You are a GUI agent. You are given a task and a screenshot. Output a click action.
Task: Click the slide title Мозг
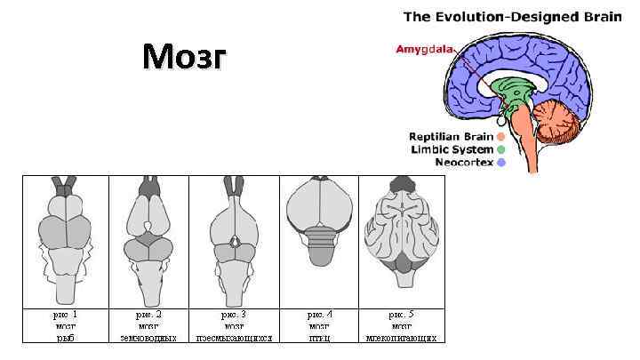(x=184, y=60)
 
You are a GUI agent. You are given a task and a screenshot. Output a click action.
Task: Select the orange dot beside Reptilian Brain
(x=501, y=137)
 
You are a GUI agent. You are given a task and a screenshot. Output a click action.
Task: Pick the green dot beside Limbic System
(x=501, y=149)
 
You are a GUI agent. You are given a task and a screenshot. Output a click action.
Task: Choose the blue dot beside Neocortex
(x=501, y=163)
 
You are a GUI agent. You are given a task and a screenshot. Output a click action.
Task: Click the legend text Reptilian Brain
(x=451, y=137)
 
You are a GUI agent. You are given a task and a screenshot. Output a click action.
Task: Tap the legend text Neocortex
(x=463, y=163)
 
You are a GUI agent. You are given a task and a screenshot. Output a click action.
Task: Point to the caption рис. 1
(x=63, y=314)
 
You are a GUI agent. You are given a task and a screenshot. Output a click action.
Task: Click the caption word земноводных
(x=148, y=338)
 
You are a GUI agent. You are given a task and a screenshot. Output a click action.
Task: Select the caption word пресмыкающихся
(x=234, y=338)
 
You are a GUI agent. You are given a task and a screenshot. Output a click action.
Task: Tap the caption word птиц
(x=319, y=338)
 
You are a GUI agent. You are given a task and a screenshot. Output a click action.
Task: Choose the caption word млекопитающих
(x=401, y=338)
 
